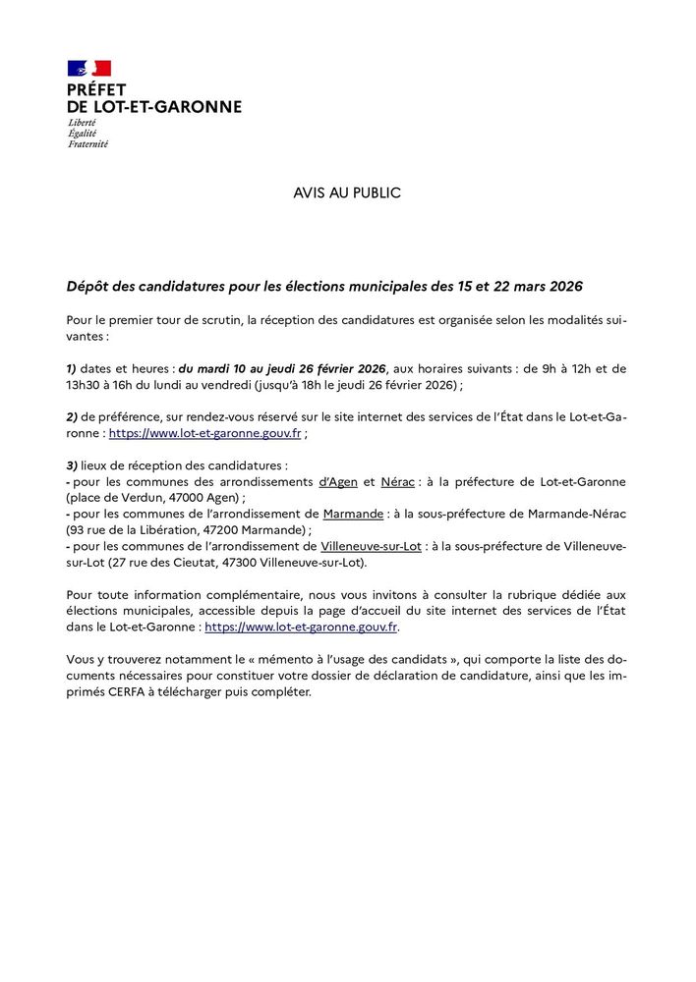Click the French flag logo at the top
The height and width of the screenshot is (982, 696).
(x=88, y=69)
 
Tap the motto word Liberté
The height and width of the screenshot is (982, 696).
(x=82, y=122)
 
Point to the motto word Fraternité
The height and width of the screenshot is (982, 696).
(x=87, y=143)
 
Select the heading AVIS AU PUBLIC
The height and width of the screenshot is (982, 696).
(x=347, y=193)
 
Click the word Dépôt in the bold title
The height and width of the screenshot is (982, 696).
(x=88, y=287)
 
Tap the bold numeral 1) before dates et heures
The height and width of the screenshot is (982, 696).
(x=72, y=368)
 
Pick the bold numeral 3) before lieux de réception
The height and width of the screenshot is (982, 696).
(x=72, y=464)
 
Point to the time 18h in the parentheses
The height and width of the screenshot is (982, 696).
(x=297, y=384)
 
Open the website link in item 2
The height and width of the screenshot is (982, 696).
(x=204, y=433)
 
